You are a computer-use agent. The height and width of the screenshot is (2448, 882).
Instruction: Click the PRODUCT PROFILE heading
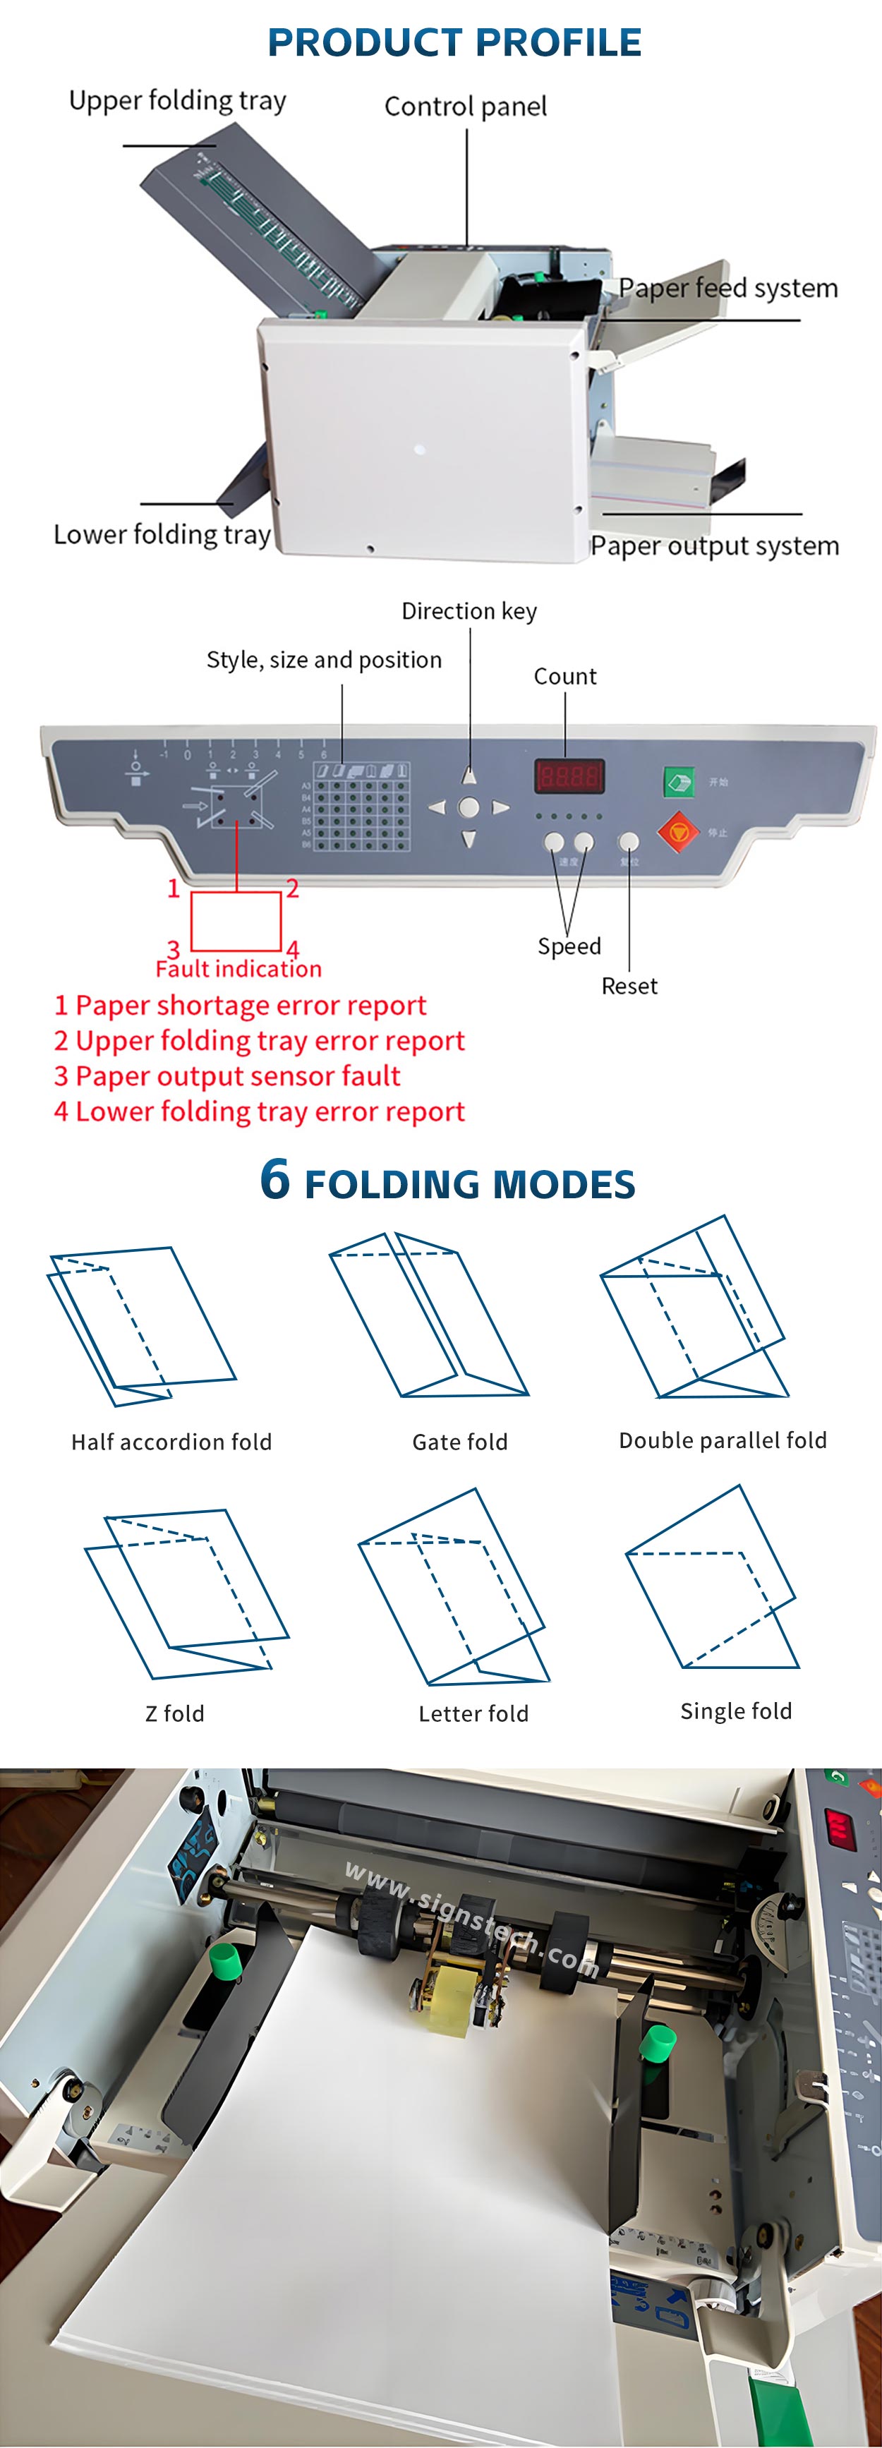(454, 43)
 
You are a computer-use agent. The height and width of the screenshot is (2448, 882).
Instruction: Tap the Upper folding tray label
(178, 101)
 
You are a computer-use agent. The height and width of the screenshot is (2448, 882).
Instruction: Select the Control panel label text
(465, 107)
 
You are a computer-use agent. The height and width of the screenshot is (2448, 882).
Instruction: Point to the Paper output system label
(714, 545)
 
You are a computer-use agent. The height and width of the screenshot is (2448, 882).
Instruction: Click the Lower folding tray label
(162, 534)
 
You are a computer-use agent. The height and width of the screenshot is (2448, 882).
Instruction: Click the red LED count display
(568, 776)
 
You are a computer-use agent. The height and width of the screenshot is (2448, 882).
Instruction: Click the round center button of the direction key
(469, 808)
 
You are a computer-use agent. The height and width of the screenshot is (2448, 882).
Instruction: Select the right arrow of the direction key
(501, 808)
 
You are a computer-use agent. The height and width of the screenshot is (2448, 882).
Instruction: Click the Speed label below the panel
(569, 946)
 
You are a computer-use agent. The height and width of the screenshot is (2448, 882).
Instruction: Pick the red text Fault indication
(238, 968)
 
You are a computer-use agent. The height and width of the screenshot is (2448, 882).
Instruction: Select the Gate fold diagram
(428, 1315)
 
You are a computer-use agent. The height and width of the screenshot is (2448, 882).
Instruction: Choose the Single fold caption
(736, 1711)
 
